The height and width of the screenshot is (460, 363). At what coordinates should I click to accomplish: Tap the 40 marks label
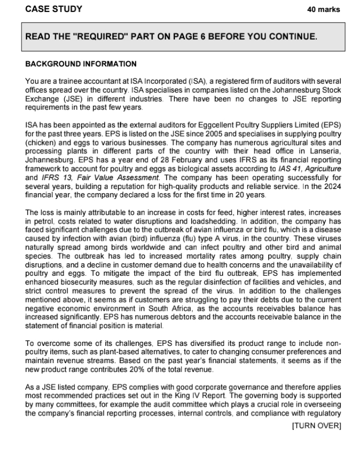[x=323, y=9]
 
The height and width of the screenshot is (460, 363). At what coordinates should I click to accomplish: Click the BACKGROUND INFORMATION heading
[x=81, y=64]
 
